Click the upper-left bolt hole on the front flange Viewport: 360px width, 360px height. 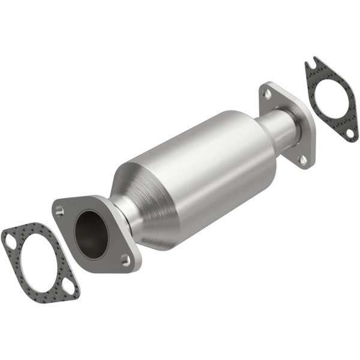pyautogui.click(x=59, y=211)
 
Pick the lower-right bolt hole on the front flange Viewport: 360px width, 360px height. pyautogui.click(x=125, y=259)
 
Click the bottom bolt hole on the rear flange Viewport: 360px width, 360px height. pyautogui.click(x=303, y=160)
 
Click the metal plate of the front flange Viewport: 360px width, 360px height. pyautogui.click(x=72, y=246)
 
